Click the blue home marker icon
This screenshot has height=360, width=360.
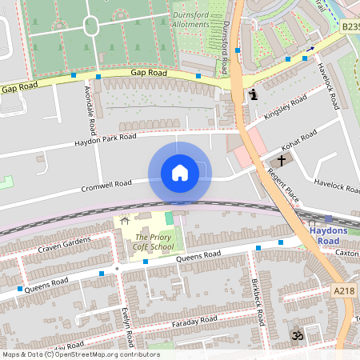click(x=179, y=173)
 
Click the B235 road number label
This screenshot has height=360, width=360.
click(x=350, y=26)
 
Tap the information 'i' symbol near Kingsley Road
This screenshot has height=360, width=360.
click(x=254, y=95)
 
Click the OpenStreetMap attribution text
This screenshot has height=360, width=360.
click(x=80, y=354)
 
